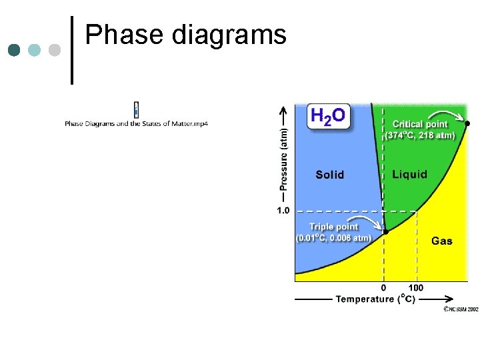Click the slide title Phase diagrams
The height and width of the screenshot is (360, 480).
(186, 35)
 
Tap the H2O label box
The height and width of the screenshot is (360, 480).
(327, 117)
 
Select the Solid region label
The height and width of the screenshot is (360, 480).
(329, 175)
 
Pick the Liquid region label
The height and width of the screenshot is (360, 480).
(409, 174)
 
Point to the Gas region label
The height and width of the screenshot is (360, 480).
(441, 241)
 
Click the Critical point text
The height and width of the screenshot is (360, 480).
(420, 124)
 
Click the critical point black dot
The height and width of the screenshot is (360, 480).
(467, 123)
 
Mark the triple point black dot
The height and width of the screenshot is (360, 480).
(385, 231)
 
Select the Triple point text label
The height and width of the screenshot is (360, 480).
(333, 227)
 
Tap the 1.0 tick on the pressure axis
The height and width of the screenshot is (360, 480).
(283, 211)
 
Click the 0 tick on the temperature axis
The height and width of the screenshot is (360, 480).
(384, 288)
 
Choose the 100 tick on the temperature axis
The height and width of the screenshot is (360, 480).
(415, 288)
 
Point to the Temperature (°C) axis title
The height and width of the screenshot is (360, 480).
(375, 299)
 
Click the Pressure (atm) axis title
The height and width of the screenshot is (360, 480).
(284, 156)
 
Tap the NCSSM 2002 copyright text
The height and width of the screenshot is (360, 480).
(461, 309)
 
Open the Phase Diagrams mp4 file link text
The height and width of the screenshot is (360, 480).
(136, 123)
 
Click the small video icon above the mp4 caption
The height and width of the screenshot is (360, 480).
(136, 109)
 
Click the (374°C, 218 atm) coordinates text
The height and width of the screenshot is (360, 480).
(420, 135)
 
